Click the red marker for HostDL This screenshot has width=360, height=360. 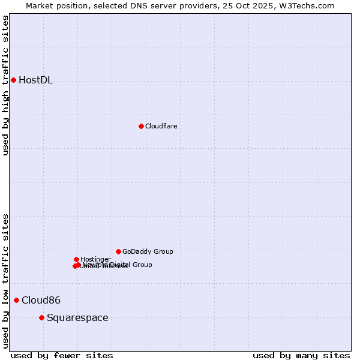click(x=13, y=80)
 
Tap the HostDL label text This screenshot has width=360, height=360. click(x=35, y=80)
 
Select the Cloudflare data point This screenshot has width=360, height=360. click(x=141, y=126)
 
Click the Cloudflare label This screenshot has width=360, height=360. click(x=161, y=126)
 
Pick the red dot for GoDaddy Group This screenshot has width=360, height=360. click(x=118, y=251)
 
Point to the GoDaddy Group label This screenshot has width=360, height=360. click(x=148, y=251)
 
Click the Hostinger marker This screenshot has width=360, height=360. click(x=76, y=259)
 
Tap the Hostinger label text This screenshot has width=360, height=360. click(x=95, y=259)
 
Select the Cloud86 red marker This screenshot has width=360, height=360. click(x=16, y=300)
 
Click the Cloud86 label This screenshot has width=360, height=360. click(x=41, y=300)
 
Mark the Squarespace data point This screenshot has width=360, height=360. click(x=41, y=317)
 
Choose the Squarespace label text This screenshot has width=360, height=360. click(x=77, y=317)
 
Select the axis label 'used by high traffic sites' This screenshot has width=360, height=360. click(x=6, y=85)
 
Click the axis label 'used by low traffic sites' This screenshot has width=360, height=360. click(x=6, y=281)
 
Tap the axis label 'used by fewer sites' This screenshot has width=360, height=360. click(x=62, y=355)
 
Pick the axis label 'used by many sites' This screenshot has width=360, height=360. click(x=301, y=355)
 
